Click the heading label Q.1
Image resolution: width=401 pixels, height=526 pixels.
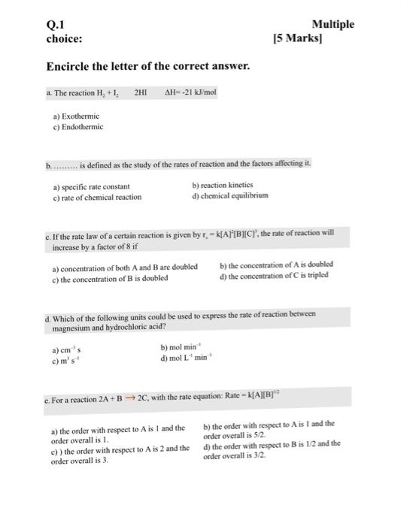point(56,23)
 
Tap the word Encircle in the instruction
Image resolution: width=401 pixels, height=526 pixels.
point(71,67)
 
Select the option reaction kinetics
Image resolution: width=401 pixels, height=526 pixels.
point(223,185)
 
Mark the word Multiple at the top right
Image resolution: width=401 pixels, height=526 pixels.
point(332,23)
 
